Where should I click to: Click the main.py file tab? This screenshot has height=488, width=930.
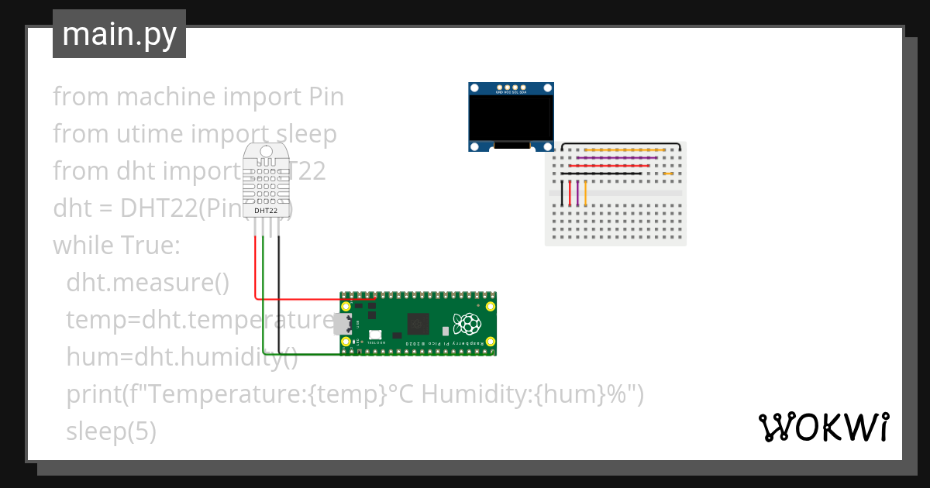click(x=119, y=35)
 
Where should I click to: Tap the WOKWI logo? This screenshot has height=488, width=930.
click(x=823, y=427)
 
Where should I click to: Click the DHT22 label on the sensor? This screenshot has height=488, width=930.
click(x=266, y=210)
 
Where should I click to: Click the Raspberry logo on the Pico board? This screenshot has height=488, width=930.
click(x=467, y=322)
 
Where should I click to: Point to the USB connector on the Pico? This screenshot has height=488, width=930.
click(x=342, y=324)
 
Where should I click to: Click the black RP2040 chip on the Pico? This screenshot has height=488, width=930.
click(x=418, y=323)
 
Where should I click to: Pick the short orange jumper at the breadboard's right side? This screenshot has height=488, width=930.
click(x=668, y=174)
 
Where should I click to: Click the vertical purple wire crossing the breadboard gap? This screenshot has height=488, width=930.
click(x=578, y=193)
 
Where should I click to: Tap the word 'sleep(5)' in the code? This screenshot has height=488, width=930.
click(x=111, y=431)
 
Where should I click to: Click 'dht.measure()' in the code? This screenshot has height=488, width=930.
click(x=147, y=282)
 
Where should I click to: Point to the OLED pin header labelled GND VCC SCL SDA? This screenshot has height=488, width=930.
click(x=511, y=88)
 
